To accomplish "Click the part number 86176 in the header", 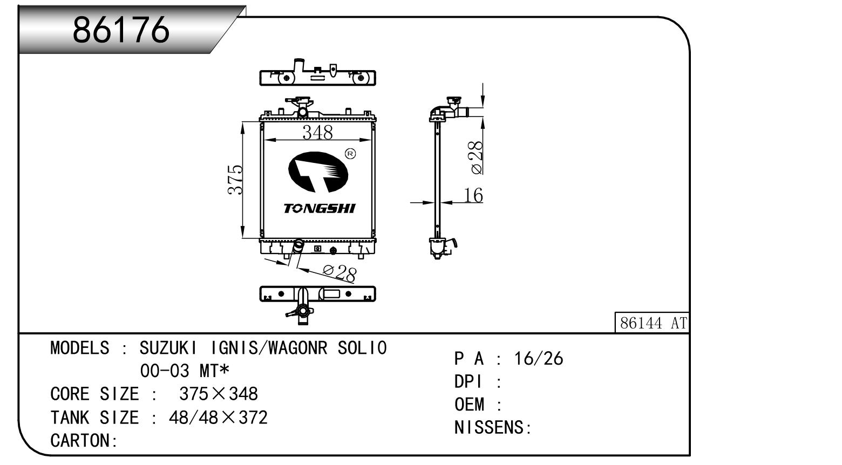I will (x=121, y=29).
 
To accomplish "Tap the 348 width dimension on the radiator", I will (x=317, y=132).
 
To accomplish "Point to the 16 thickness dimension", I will (x=473, y=195).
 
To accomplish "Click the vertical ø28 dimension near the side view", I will (x=476, y=158).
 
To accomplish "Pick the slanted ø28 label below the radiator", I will (x=339, y=272).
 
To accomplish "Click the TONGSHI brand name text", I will (x=320, y=208).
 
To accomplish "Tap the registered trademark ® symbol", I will (x=350, y=154).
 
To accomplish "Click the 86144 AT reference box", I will (x=653, y=323).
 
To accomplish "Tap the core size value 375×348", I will (x=219, y=394).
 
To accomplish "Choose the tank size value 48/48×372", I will (x=218, y=418).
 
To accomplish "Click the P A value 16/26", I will (x=538, y=359).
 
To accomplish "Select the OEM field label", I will (x=470, y=405).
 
